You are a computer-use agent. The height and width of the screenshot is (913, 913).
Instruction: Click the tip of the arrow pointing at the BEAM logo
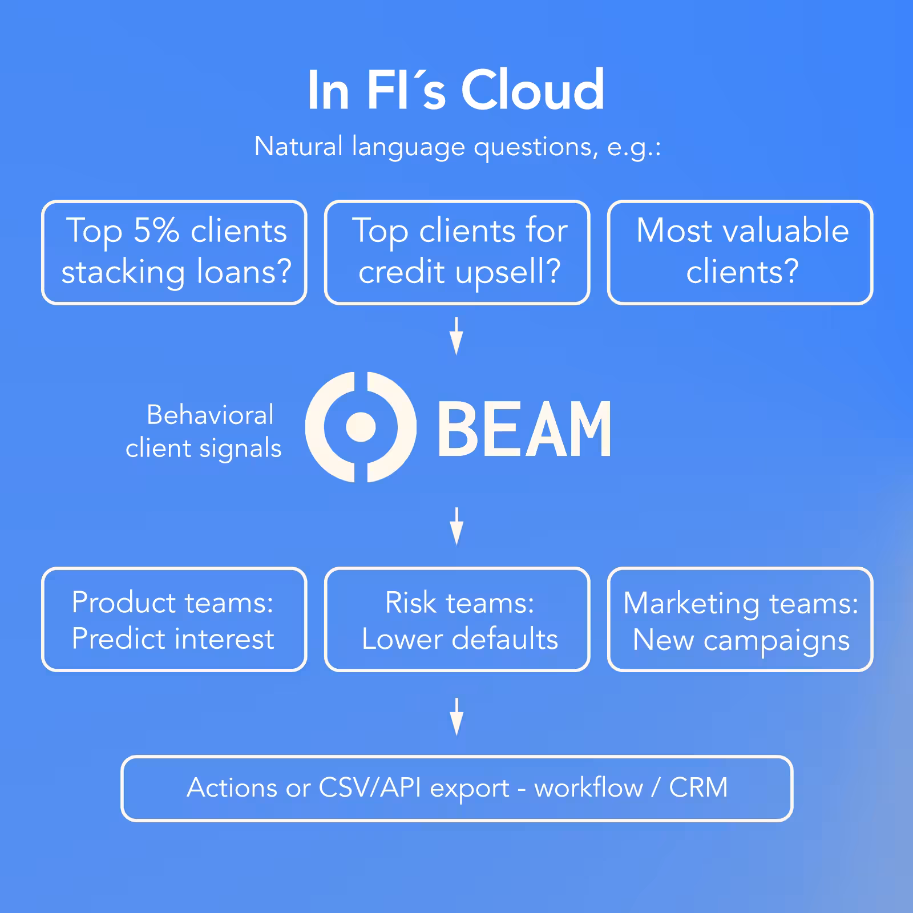point(457,355)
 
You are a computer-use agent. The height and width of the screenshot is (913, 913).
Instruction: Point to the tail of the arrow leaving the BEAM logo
point(457,507)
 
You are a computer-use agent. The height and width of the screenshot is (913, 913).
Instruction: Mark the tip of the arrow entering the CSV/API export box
point(457,736)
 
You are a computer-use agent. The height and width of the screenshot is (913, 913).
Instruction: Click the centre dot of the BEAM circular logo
point(361,427)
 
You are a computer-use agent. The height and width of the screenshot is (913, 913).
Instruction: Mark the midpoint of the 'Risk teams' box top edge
point(457,569)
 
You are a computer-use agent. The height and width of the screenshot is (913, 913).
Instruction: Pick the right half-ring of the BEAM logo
point(391,427)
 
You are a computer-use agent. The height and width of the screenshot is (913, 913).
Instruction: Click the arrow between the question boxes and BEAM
point(457,337)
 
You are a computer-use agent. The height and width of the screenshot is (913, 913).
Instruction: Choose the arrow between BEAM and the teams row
point(457,526)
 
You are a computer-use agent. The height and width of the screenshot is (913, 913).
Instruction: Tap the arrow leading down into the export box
point(457,717)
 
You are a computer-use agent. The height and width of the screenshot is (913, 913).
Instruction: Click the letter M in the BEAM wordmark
point(584,429)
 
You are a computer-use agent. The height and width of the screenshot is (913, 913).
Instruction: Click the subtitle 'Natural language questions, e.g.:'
point(458,147)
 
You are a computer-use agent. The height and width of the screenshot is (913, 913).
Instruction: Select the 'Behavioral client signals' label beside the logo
point(204,432)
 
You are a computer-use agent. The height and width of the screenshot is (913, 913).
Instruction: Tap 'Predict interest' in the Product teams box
point(173,639)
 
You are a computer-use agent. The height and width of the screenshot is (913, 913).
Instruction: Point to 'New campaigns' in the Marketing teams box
point(741,640)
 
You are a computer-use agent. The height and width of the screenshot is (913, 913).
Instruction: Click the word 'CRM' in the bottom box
point(698,787)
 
